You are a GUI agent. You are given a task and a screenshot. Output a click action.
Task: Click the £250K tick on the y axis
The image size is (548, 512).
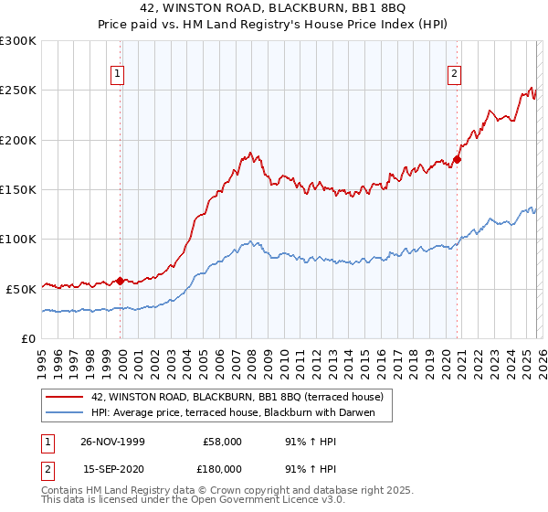18,91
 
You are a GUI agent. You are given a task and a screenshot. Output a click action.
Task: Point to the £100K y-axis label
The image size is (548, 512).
18,239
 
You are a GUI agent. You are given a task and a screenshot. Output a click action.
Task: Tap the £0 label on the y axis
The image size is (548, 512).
27,338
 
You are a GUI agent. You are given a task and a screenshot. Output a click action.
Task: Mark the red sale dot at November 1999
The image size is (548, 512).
120,281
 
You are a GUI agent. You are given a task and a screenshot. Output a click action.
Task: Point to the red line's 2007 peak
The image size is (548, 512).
249,153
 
